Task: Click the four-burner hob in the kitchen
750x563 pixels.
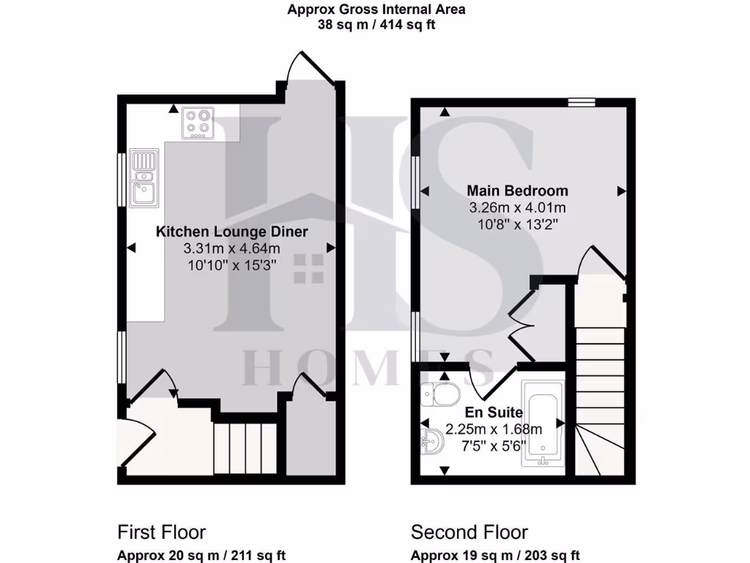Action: (x=198, y=122)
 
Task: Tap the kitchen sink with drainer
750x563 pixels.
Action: (x=144, y=177)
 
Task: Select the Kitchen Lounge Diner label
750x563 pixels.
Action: (x=231, y=232)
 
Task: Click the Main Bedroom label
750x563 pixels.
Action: (x=517, y=191)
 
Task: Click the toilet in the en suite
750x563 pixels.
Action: (x=439, y=394)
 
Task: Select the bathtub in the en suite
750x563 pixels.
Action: (x=542, y=423)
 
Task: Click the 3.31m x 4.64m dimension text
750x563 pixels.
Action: (x=231, y=249)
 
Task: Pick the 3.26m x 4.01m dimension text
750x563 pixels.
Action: (x=517, y=207)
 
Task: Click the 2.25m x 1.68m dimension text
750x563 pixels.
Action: (x=494, y=430)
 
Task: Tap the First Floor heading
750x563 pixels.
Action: (x=161, y=532)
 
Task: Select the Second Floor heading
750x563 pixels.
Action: (x=469, y=532)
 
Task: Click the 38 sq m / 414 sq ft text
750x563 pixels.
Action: (x=376, y=24)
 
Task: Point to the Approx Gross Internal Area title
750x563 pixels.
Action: (x=376, y=10)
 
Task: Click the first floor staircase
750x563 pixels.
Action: (x=245, y=447)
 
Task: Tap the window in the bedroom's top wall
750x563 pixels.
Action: (x=582, y=103)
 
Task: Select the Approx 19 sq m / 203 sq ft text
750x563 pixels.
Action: (x=495, y=555)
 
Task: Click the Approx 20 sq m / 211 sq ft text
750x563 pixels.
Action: (x=201, y=555)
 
